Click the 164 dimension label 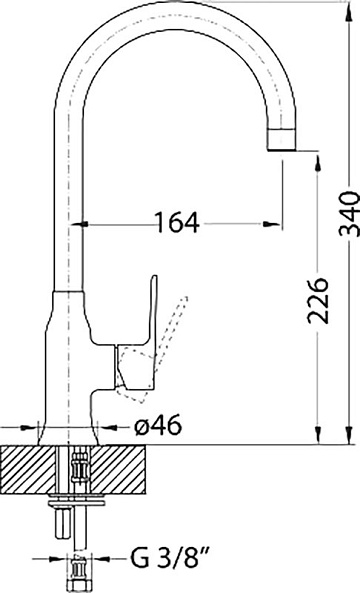click(x=177, y=222)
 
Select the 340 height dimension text click(x=349, y=214)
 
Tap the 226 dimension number click(x=317, y=301)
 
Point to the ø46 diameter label click(x=158, y=426)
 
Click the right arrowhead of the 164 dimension click(x=272, y=224)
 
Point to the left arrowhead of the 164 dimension click(x=80, y=225)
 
